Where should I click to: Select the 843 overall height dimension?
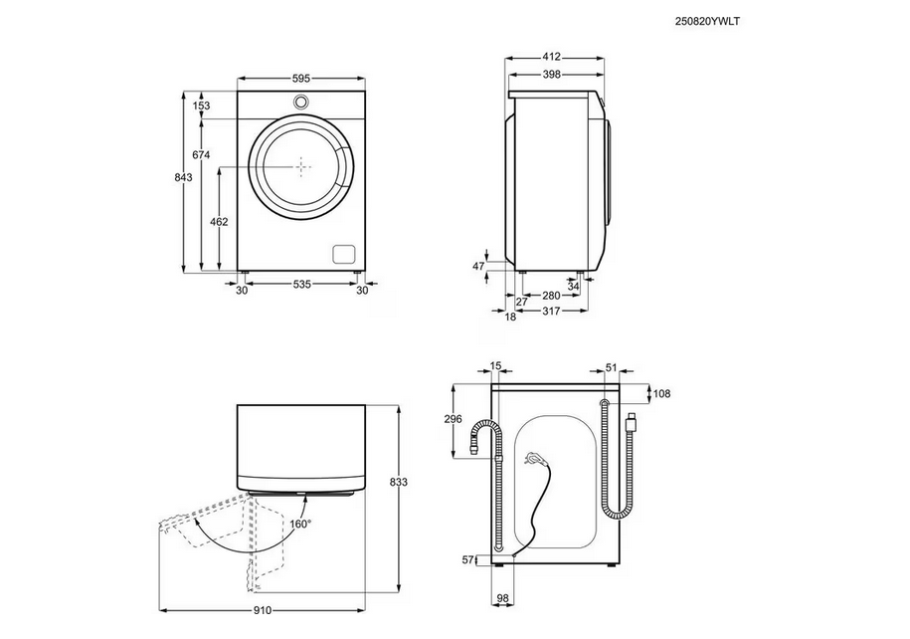click(x=182, y=177)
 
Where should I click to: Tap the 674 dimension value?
click(x=201, y=155)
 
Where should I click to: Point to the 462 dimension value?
click(x=220, y=221)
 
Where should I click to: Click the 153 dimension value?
click(x=201, y=106)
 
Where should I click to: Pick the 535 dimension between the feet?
click(x=302, y=285)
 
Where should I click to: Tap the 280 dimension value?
click(x=549, y=296)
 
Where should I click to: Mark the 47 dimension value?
click(x=478, y=267)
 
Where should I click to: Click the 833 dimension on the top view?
click(x=399, y=483)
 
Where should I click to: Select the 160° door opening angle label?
click(x=300, y=523)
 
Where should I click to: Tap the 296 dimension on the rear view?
click(x=454, y=419)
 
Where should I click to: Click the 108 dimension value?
click(x=661, y=394)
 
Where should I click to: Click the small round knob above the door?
click(x=301, y=102)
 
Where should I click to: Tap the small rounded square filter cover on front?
click(x=343, y=253)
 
